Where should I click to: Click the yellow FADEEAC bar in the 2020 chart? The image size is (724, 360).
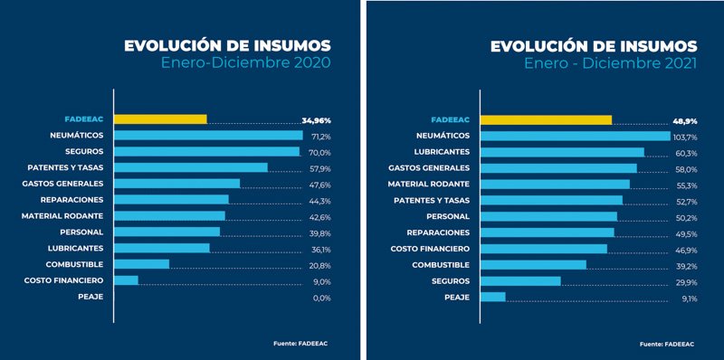tap(160, 119)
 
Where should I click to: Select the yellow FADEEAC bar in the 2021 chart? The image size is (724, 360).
tap(546, 119)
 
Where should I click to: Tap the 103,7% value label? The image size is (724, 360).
tap(684, 136)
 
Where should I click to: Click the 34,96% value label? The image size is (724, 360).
tap(316, 119)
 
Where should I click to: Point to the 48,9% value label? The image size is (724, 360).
tap(684, 119)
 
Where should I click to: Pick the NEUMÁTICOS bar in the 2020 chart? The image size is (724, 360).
tap(208, 136)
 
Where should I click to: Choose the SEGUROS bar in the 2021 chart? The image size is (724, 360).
tap(520, 281)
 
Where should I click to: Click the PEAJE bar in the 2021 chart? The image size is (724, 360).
tap(493, 298)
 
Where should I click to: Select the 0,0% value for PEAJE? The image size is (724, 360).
tap(320, 298)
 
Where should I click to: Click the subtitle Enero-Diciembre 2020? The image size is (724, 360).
tap(245, 63)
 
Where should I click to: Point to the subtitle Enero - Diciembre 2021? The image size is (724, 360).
tap(611, 63)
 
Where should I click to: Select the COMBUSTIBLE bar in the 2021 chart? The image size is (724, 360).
tap(533, 265)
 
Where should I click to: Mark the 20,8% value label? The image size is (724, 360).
tap(320, 265)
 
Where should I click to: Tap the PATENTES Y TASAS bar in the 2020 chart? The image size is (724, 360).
tap(191, 167)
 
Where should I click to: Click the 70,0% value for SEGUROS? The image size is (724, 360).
tap(320, 152)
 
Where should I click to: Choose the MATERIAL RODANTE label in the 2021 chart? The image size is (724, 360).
tap(430, 184)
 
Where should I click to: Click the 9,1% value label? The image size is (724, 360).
tap(688, 298)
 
